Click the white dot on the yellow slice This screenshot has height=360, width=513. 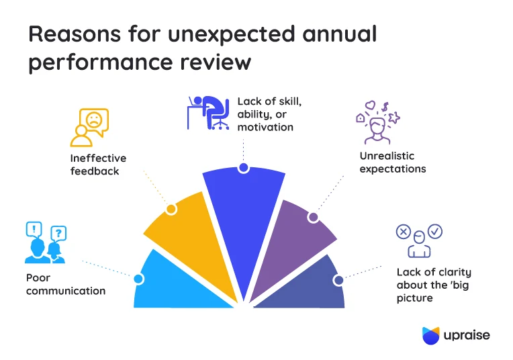(x=171, y=209)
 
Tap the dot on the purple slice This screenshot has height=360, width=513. (x=312, y=217)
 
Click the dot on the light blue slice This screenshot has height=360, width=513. (x=139, y=279)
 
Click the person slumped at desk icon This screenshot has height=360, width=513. (x=207, y=114)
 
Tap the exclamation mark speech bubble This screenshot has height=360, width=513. (x=33, y=229)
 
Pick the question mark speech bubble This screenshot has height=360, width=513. (x=58, y=233)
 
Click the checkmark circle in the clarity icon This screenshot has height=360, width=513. (x=435, y=231)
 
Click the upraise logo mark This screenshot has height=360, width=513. (x=430, y=335)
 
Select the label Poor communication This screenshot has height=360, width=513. (x=66, y=284)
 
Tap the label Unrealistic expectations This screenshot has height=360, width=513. (x=392, y=163)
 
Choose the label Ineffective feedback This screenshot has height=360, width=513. (x=98, y=165)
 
